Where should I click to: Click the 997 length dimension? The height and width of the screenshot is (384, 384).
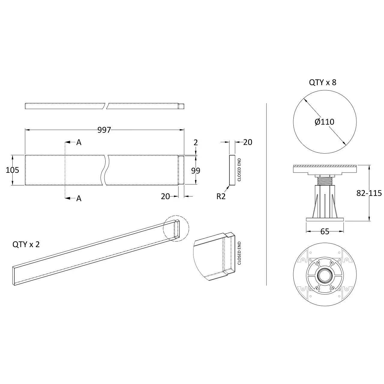click(104, 130)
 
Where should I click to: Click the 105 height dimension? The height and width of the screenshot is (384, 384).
click(12, 170)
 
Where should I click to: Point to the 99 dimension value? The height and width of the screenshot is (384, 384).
click(196, 170)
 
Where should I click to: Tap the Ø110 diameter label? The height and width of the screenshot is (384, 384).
click(324, 122)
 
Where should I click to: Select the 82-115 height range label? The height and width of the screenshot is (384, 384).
click(369, 193)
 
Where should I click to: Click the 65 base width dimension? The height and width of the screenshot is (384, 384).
click(325, 231)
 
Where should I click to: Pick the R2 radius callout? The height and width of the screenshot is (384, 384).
click(221, 196)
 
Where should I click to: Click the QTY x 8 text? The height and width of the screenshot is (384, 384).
click(322, 82)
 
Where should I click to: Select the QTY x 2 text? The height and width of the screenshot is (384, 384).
click(26, 244)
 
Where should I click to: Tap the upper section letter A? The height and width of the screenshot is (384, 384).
click(79, 142)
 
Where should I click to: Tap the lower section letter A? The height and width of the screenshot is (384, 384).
click(79, 198)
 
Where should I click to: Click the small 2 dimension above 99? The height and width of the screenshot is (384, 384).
click(196, 142)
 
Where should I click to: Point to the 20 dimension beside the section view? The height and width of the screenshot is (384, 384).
click(247, 142)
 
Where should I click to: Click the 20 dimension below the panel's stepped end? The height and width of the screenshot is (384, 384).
click(165, 196)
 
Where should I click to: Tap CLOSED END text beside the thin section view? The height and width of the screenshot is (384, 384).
click(239, 169)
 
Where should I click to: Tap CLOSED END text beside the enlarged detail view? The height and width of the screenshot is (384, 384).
click(239, 253)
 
